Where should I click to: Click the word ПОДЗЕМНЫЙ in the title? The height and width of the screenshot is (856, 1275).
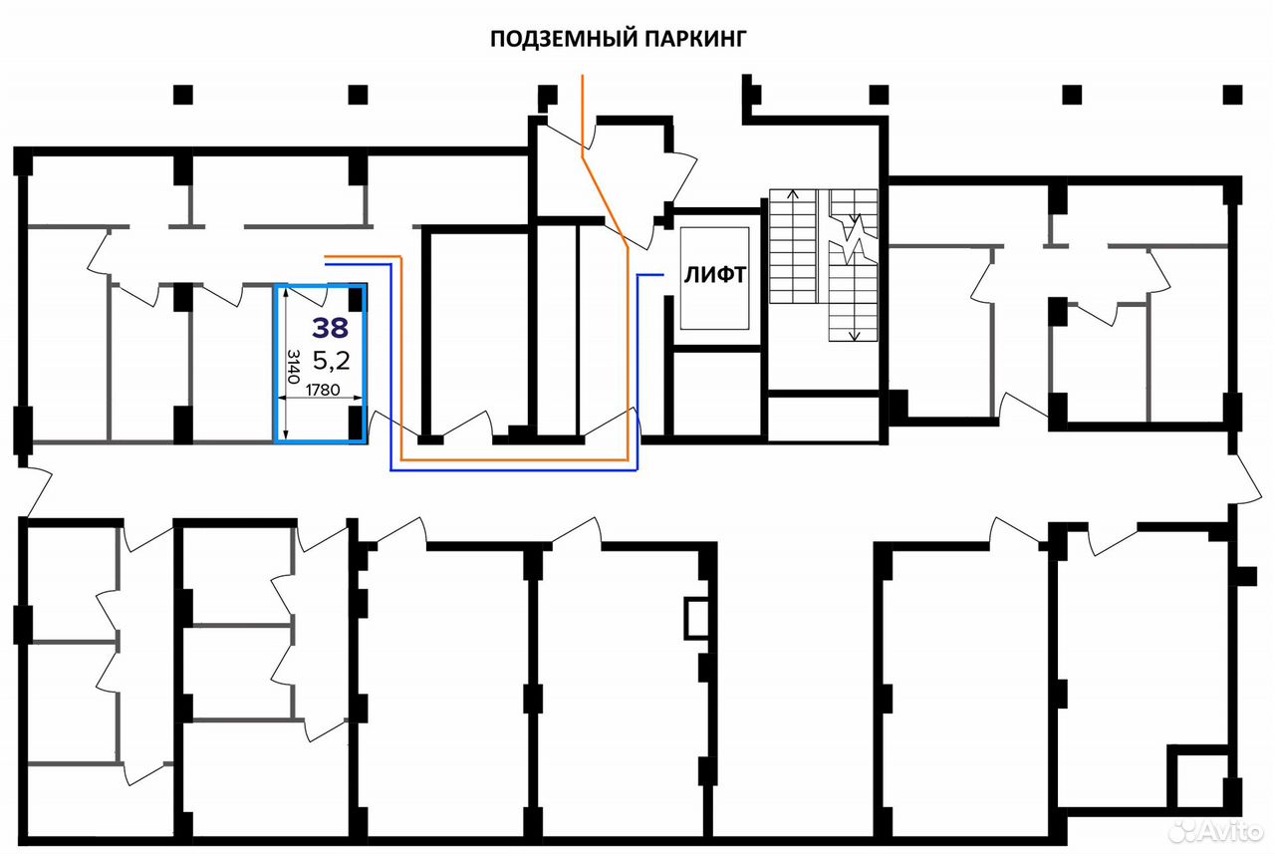pos(563,39)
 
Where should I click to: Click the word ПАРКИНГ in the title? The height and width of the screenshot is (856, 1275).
pos(695,39)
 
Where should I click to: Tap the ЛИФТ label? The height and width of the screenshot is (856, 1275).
pos(715,275)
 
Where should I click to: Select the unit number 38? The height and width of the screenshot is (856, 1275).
pos(330,328)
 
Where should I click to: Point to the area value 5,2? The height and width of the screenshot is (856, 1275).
pos(332,360)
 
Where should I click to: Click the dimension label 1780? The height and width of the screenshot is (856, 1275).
pos(323,390)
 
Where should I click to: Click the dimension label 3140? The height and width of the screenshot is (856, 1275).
pos(294,366)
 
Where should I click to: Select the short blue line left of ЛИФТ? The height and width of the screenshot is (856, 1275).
pos(650,275)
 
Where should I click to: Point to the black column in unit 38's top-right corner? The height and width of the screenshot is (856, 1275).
pos(356,298)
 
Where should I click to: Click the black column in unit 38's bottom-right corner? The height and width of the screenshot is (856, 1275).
pos(356,423)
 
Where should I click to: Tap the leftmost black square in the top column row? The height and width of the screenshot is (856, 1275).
pos(182,95)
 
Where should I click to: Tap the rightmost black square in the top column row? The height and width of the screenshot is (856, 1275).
pos(1233,95)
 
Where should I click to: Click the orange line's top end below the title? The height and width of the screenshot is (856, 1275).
pos(582,75)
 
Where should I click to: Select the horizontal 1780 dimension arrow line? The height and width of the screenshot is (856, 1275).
pos(320,398)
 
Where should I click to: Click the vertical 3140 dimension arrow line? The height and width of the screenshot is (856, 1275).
pos(286,364)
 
